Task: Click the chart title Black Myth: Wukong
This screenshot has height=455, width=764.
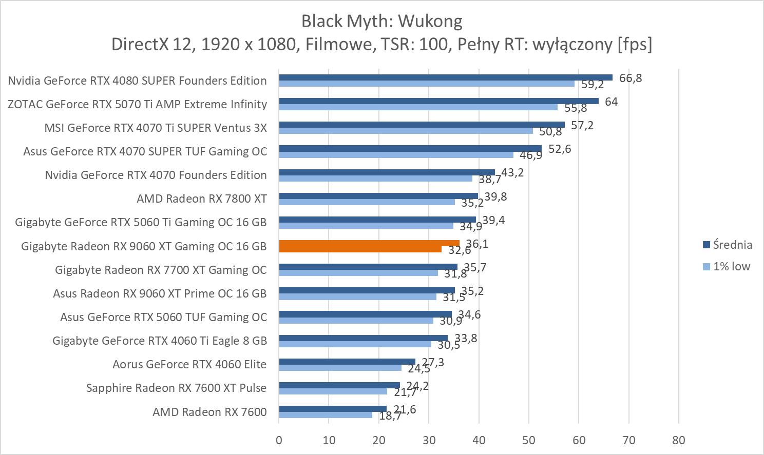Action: (381, 21)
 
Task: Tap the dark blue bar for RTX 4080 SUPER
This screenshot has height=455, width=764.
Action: (445, 77)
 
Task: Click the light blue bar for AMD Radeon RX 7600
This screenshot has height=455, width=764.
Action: (326, 415)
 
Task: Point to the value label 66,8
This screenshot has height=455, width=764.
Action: (631, 78)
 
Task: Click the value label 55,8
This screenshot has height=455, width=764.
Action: (576, 108)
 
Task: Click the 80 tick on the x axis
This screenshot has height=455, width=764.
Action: (678, 440)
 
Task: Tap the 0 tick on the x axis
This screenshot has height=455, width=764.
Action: (279, 440)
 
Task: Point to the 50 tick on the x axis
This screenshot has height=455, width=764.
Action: (528, 440)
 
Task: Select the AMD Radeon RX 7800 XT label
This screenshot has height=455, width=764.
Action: (202, 199)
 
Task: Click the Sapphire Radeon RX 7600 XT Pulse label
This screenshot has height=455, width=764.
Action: (177, 388)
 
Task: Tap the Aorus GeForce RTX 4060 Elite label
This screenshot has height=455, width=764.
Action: (189, 364)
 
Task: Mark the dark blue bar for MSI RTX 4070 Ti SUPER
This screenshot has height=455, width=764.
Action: (422, 125)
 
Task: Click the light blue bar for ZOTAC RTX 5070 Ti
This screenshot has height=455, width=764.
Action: (418, 107)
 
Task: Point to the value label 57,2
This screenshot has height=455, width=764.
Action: (582, 125)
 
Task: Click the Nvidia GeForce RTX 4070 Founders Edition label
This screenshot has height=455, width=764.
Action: (156, 175)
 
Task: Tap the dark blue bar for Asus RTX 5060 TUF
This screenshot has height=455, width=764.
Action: (365, 314)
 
